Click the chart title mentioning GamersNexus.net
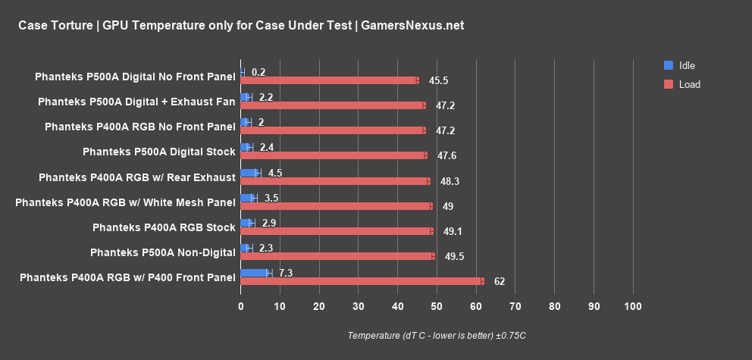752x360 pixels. (x=240, y=26)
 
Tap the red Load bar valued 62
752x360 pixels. (x=361, y=281)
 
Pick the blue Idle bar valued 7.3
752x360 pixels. (x=254, y=273)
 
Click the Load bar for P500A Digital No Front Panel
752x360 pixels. (x=328, y=80)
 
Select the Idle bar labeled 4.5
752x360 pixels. (x=249, y=173)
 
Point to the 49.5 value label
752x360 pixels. (x=454, y=256)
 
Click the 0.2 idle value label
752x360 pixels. (x=258, y=72)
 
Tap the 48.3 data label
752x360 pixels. (x=450, y=181)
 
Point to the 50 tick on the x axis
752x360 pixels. (x=437, y=306)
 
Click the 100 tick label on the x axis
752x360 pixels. (x=633, y=306)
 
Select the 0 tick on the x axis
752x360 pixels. (x=241, y=306)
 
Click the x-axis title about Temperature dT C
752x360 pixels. (x=437, y=335)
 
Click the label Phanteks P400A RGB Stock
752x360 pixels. (x=164, y=227)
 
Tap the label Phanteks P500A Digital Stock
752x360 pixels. (x=159, y=152)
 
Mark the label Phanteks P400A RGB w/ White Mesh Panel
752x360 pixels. (x=125, y=202)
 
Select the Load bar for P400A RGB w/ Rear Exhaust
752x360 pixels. (x=334, y=181)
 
